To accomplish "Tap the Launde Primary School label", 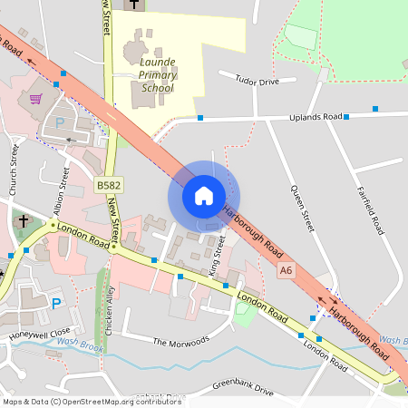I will [158, 74].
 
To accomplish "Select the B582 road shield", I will [108, 185].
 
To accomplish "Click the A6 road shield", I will [287, 270].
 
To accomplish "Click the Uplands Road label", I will [315, 118].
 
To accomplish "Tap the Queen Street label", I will [300, 208].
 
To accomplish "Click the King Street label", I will [215, 257].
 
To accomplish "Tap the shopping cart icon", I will [35, 99].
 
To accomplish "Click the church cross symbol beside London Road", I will [22, 221].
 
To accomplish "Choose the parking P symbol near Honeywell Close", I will [56, 304].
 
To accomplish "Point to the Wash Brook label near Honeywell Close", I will [75, 343].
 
